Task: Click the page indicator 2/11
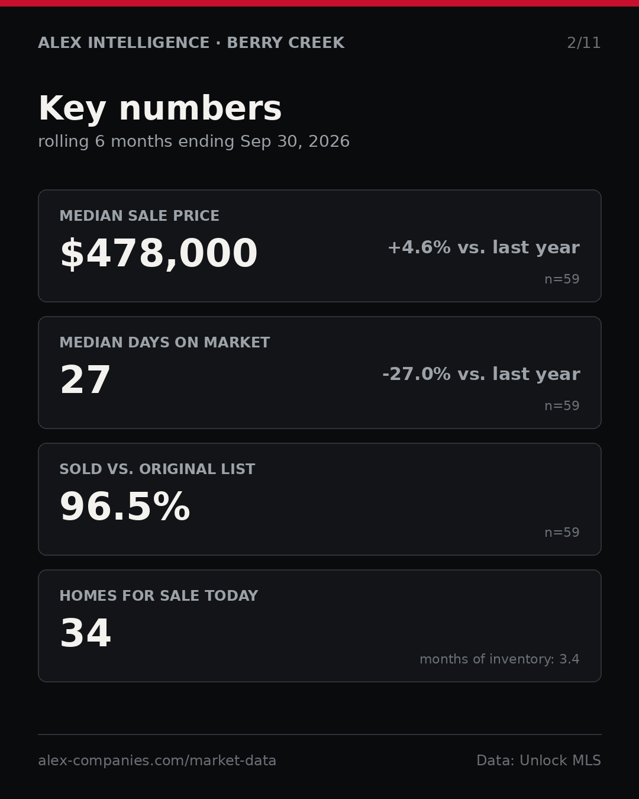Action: click(583, 43)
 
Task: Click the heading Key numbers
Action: click(160, 108)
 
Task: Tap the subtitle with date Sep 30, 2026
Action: click(194, 141)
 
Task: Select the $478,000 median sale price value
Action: click(159, 253)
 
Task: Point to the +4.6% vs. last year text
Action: click(483, 247)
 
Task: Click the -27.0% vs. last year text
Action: click(481, 374)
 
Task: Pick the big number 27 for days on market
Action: click(85, 379)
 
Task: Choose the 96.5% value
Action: click(125, 506)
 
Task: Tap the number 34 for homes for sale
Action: click(85, 633)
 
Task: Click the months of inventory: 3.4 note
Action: click(499, 659)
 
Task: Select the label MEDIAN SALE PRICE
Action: click(139, 215)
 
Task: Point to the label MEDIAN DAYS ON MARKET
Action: click(164, 342)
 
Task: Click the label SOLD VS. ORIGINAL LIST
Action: click(157, 469)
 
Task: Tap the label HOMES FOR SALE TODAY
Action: click(159, 595)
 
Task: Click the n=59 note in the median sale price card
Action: click(561, 279)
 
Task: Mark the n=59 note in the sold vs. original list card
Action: click(561, 533)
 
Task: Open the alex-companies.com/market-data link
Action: click(157, 761)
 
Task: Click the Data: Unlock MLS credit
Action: click(538, 761)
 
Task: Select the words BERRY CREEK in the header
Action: click(286, 43)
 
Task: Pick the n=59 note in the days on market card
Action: click(561, 406)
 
